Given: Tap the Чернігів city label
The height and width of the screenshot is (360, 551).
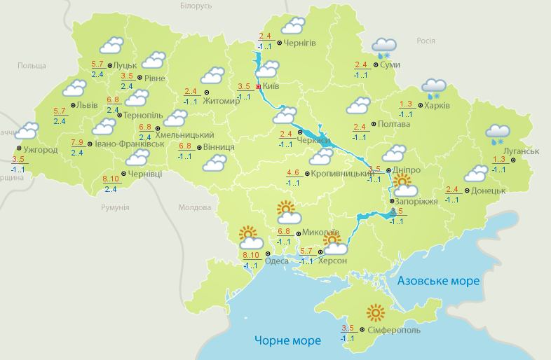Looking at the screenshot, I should click(x=301, y=43).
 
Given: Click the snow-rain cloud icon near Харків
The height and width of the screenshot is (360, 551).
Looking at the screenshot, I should click(x=434, y=89).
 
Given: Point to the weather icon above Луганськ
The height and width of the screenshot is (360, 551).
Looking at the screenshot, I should click(x=498, y=134).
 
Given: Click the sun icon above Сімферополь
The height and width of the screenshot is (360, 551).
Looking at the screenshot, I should click(x=376, y=312).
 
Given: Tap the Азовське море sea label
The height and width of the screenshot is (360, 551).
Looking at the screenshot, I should click(x=438, y=281).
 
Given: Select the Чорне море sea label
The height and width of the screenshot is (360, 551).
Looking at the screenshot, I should click(x=287, y=340).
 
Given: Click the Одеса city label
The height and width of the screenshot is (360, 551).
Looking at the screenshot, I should click(x=277, y=261).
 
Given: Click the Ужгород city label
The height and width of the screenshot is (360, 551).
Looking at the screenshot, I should click(x=40, y=150).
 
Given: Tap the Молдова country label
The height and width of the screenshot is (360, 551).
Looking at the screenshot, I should click(x=195, y=208).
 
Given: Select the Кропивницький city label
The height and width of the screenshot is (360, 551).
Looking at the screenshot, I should click(x=341, y=172).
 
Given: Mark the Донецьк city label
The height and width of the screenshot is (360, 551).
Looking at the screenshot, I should click(x=489, y=190).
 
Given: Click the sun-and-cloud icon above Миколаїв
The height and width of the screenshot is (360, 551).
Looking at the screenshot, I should click(x=287, y=212).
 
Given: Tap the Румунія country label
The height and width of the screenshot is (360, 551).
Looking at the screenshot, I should click(x=115, y=208).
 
